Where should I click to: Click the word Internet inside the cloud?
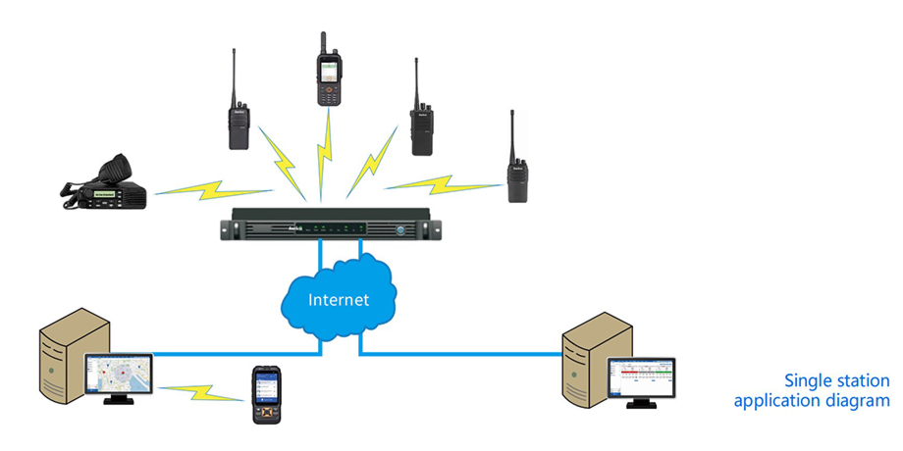tap(340, 299)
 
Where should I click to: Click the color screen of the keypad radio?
tap(326, 72)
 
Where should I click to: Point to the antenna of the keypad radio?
tap(323, 41)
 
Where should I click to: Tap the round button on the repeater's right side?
tap(401, 229)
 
